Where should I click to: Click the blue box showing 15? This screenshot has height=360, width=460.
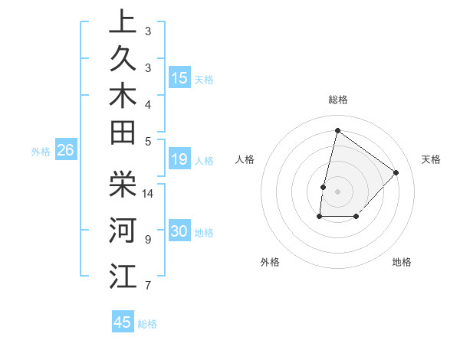(x=179, y=78)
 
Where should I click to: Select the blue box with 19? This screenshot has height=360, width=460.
(x=179, y=160)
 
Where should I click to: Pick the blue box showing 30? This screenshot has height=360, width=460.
(x=179, y=232)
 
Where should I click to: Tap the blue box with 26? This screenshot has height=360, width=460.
(x=66, y=151)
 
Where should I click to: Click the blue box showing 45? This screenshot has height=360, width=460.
(x=123, y=322)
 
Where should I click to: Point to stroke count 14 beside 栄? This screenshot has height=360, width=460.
(x=149, y=194)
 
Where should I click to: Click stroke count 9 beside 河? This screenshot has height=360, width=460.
(x=148, y=240)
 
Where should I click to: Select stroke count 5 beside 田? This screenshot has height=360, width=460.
(x=148, y=141)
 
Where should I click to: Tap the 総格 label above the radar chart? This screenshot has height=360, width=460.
(x=338, y=100)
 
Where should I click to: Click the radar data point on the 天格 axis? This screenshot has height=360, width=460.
(x=396, y=172)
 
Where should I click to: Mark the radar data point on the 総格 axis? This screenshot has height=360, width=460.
(x=337, y=130)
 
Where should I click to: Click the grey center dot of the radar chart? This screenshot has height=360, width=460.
(x=337, y=191)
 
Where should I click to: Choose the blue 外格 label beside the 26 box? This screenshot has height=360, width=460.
(x=41, y=152)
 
